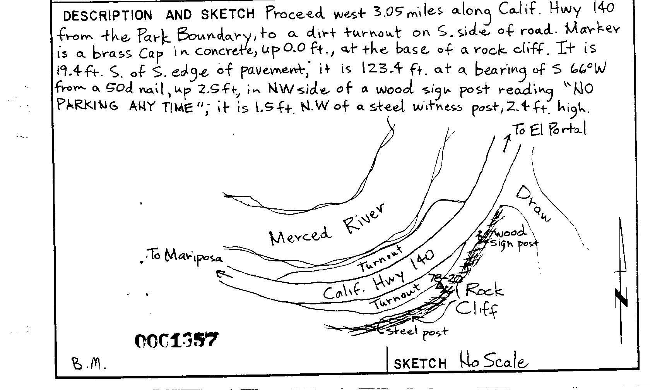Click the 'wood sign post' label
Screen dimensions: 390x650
pos(513,237)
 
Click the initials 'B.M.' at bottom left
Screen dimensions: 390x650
pos(89,364)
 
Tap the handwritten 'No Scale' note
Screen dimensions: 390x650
pos(493,361)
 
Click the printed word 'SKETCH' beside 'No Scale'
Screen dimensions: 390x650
pos(420,364)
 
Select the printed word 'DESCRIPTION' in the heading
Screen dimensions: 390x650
pos(108,15)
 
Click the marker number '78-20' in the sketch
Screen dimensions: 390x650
pos(441,279)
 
